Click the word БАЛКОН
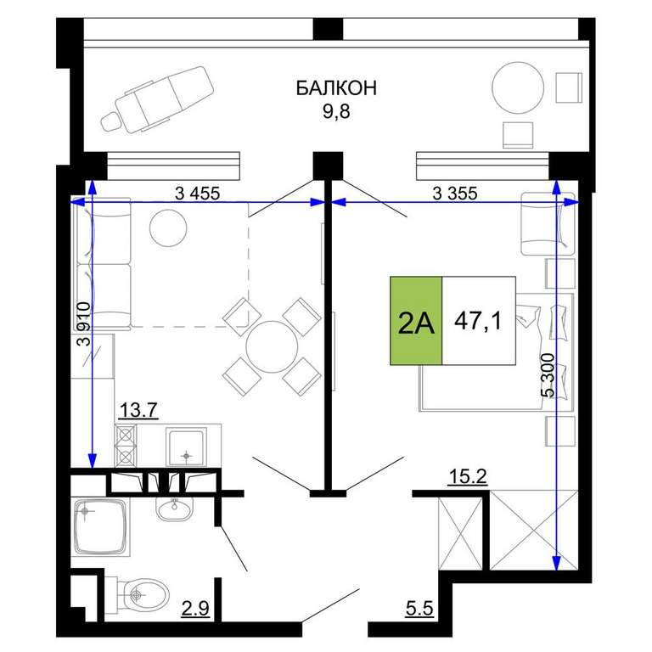[336, 88]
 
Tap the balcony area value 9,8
[336, 111]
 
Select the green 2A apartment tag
[416, 321]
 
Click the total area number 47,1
[478, 321]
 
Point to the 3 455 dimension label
[197, 194]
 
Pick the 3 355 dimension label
[455, 194]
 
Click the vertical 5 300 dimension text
[548, 375]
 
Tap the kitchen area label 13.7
[138, 410]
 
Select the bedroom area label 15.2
[468, 476]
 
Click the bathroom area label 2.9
[195, 609]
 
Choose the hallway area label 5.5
[419, 609]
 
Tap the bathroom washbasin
[175, 509]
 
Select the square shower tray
[100, 527]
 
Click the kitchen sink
[186, 447]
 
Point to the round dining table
[272, 346]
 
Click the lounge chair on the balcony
[157, 100]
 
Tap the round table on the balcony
[518, 87]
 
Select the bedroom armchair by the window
[548, 224]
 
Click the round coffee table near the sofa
[168, 228]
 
